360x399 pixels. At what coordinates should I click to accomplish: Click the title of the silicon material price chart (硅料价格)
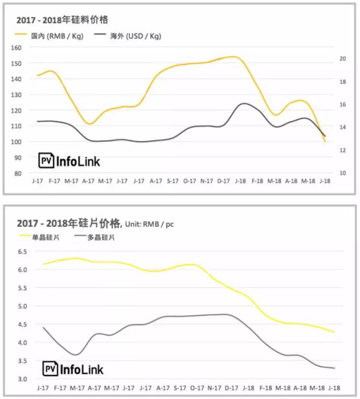click(x=62, y=20)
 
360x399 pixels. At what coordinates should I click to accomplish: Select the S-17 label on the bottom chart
click(x=181, y=388)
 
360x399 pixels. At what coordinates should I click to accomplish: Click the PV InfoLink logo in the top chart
click(x=69, y=161)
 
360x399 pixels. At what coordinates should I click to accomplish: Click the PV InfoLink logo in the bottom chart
click(x=73, y=369)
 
